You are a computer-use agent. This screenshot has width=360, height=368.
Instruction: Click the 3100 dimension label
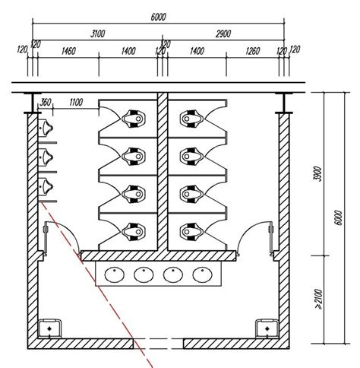[98, 33]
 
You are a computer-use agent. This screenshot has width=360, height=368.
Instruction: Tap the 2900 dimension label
[223, 33]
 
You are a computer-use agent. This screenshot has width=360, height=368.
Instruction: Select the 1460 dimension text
[68, 51]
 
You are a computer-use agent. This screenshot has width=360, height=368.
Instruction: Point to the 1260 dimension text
[253, 51]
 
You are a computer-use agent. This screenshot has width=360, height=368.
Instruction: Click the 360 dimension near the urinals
[46, 103]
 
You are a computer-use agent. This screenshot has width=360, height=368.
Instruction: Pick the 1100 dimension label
[76, 103]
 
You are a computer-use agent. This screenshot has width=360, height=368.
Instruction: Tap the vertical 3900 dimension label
[317, 173]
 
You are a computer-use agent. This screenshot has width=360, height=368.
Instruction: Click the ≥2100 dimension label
[319, 300]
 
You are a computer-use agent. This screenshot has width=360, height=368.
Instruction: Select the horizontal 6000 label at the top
[158, 17]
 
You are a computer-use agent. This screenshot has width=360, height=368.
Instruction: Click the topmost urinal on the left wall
[46, 128]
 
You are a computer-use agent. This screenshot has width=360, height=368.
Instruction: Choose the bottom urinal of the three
[46, 186]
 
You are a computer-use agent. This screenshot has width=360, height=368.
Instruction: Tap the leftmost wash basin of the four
[115, 274]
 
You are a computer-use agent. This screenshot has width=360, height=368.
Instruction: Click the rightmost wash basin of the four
[202, 274]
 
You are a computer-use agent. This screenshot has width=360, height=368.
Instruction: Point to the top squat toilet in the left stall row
[134, 119]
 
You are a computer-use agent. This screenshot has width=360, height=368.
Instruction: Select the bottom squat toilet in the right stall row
[191, 231]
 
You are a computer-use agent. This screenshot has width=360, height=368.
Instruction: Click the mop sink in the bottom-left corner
[49, 328]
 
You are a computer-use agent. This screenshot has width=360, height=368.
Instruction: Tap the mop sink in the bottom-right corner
[267, 328]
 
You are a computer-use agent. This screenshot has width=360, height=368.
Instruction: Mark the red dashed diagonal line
[97, 284]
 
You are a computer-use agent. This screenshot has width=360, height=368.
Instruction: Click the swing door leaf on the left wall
[46, 237]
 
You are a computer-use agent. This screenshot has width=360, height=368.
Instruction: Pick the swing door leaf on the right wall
[271, 237]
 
